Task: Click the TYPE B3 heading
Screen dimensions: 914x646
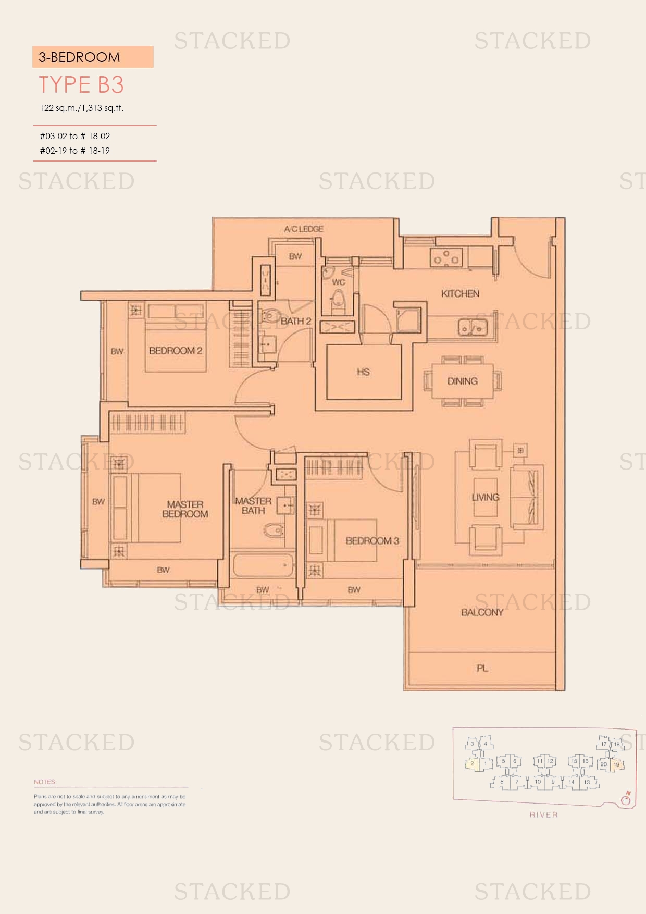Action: coord(81,85)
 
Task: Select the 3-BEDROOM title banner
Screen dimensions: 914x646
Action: coord(93,57)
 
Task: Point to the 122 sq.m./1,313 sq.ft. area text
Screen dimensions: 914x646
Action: coord(82,108)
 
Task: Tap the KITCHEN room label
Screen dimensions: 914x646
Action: coord(460,294)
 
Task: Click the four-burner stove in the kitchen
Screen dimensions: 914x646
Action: coord(446,257)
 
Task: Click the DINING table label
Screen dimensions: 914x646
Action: coord(463,381)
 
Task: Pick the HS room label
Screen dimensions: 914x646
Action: coord(363,372)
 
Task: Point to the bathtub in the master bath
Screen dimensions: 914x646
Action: coord(263,565)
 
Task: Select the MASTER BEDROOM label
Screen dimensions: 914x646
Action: coord(185,509)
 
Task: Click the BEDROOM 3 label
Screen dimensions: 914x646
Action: coord(372,541)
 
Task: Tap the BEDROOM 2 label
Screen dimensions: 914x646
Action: coord(176,351)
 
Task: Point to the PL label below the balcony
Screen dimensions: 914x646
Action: coord(482,668)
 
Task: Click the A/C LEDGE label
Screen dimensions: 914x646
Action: coord(304,229)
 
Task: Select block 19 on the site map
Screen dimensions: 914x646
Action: coord(616,764)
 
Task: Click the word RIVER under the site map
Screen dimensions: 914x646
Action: coord(543,815)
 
